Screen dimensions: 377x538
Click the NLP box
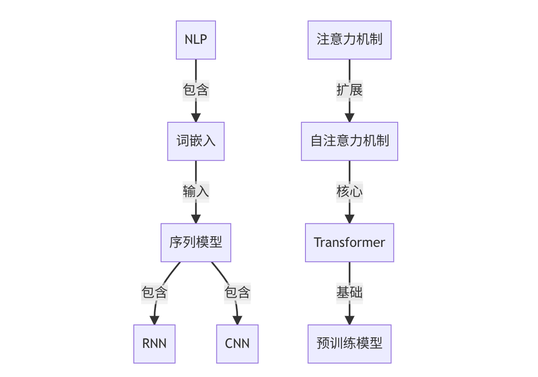196,40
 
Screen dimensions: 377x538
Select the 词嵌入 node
196,141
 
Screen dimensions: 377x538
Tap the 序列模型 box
196,243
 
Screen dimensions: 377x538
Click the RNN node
154,344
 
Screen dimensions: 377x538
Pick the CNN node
237,344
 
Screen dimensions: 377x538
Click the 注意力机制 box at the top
349,40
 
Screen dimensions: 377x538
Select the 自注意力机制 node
349,141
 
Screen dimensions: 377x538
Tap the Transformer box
349,243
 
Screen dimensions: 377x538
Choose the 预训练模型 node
349,344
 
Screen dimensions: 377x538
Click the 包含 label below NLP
196,90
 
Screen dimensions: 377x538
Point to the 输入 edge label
196,192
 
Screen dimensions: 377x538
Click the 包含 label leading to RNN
154,293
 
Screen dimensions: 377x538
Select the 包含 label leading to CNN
237,293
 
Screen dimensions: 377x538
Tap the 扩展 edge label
349,90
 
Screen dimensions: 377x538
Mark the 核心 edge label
349,192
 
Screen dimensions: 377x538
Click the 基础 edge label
349,293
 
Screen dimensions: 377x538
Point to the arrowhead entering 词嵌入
196,118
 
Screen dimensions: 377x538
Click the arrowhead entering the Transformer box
349,219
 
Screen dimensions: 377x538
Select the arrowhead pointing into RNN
154,320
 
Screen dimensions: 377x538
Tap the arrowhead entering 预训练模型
349,320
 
